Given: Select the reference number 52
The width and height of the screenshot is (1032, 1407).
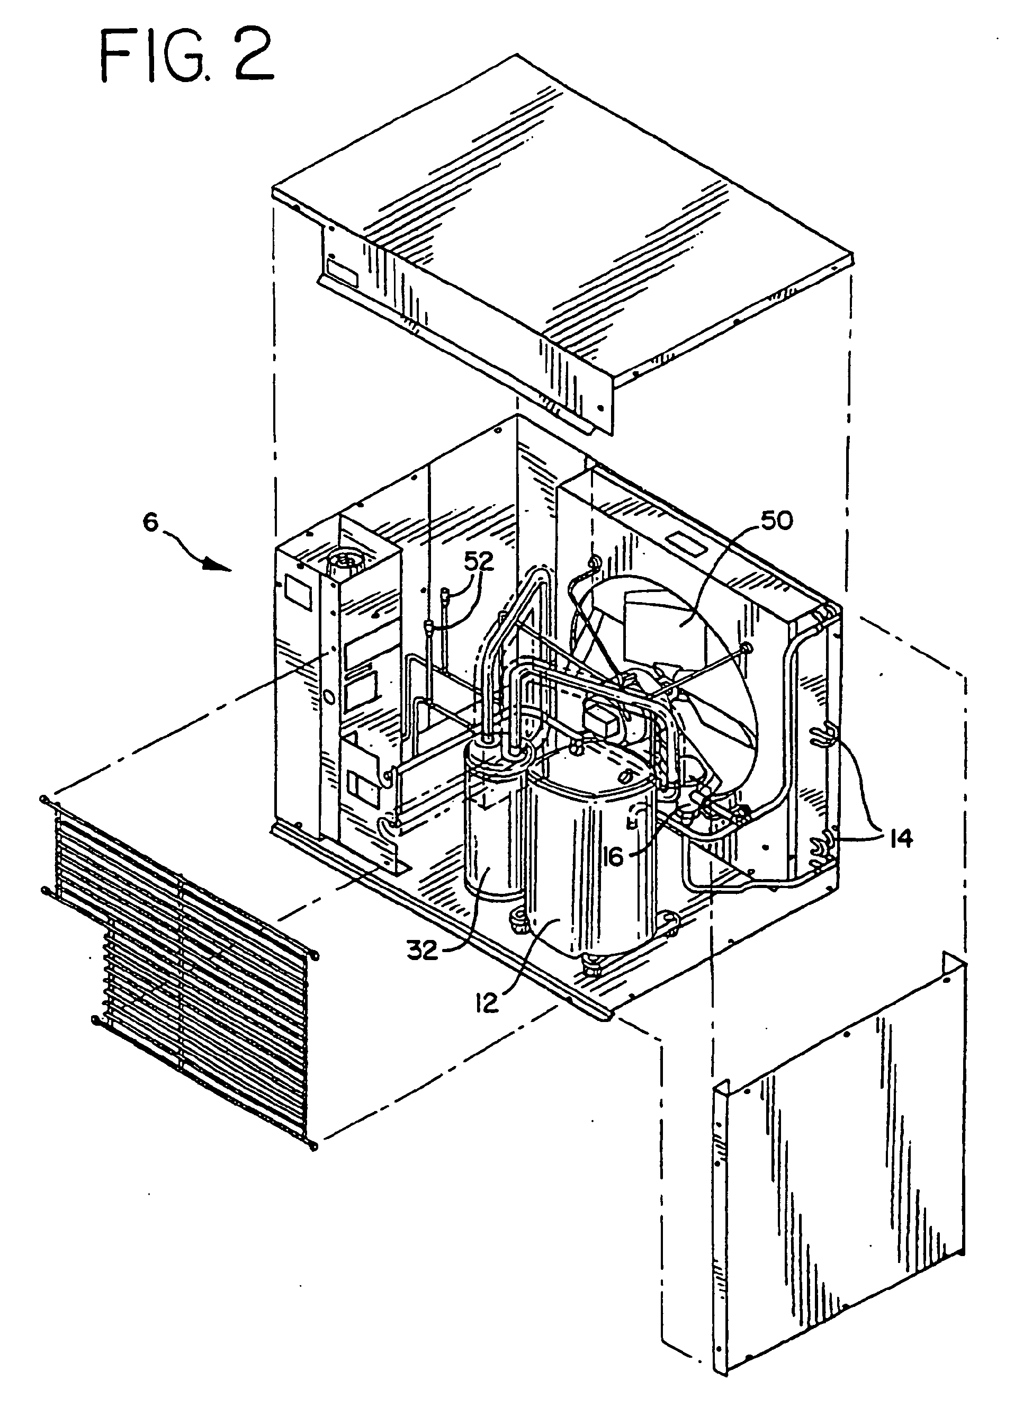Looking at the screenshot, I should (x=479, y=562).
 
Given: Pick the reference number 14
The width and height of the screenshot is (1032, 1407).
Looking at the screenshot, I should (x=899, y=838).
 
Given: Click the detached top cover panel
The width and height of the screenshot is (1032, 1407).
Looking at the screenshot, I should (x=562, y=231).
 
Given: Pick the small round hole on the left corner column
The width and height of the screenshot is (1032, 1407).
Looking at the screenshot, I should (x=325, y=695).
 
